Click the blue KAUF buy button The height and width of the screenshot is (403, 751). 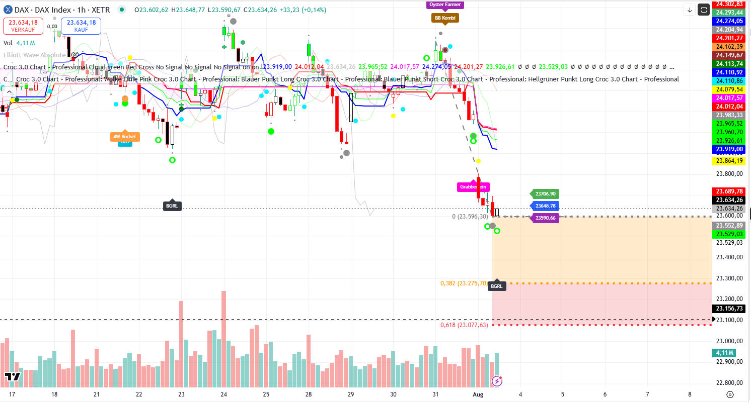[x=81, y=26]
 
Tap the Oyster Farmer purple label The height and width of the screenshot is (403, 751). [x=444, y=5]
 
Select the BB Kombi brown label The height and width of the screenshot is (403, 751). [x=445, y=18]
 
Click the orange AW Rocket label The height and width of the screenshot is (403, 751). [x=124, y=136]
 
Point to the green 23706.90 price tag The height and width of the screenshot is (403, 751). [x=546, y=194]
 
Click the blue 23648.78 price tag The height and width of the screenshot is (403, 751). [x=546, y=206]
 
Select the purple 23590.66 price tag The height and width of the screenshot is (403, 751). [x=546, y=218]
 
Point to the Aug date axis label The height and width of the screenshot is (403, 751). [x=479, y=394]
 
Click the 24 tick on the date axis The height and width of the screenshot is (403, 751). [x=223, y=394]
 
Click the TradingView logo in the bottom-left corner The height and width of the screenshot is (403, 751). [x=13, y=377]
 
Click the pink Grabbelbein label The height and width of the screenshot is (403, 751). [x=473, y=187]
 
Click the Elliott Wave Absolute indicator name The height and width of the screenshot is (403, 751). [x=34, y=55]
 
